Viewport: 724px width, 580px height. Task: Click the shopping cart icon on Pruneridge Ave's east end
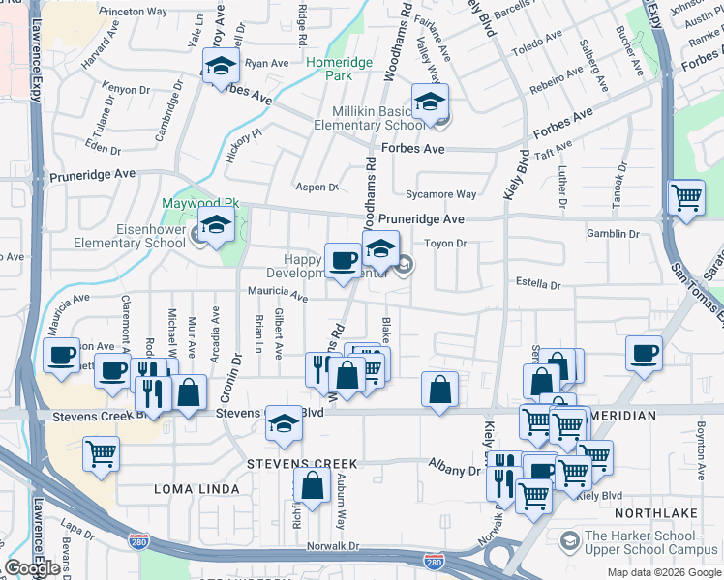686,198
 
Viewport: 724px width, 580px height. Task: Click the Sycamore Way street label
441,194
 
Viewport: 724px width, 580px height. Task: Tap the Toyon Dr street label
446,244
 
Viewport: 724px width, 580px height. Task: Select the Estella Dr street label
540,286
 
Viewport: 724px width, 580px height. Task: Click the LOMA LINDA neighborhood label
196,489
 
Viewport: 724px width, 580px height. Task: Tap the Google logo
32,568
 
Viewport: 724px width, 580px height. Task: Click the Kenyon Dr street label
126,89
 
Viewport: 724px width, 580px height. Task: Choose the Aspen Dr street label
317,188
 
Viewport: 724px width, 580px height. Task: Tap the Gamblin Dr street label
613,234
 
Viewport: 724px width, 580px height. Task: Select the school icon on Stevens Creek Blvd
283,422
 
